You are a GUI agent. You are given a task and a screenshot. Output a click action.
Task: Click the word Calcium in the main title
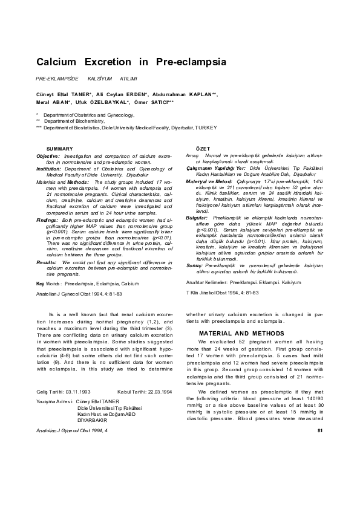57,62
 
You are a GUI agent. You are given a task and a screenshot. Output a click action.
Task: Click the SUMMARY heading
60,149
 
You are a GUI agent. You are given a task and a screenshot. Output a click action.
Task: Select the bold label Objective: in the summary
48,156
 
